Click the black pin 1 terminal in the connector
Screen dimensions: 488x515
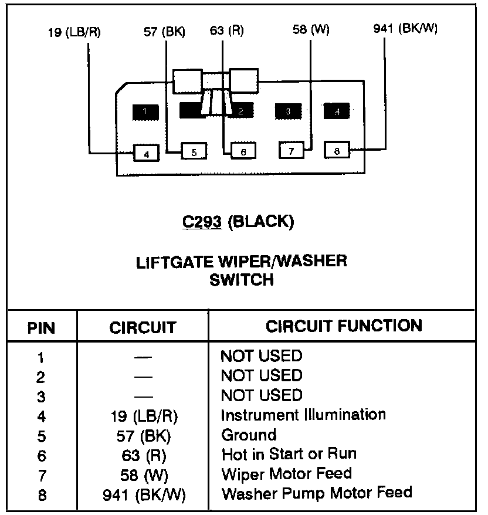click(145, 113)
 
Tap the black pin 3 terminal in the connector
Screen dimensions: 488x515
click(288, 111)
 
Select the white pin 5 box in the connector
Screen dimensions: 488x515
click(194, 151)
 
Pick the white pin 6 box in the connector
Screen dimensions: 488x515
click(243, 151)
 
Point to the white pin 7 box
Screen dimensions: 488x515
click(292, 150)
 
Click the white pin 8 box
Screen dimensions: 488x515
click(337, 150)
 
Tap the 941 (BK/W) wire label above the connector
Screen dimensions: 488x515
click(405, 29)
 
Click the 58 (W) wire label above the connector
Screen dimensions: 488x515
click(311, 29)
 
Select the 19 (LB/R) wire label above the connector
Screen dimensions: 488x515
click(74, 32)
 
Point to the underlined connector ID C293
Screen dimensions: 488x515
click(202, 222)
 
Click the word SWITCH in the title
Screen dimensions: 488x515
click(242, 280)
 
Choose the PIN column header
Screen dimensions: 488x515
click(41, 328)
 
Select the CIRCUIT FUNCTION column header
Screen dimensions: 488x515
click(344, 326)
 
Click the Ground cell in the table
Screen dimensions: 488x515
click(249, 435)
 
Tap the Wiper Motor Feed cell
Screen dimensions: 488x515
click(287, 473)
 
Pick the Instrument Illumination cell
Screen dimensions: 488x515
click(303, 415)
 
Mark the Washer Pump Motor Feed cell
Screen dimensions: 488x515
click(317, 493)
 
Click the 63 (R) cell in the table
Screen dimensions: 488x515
click(144, 456)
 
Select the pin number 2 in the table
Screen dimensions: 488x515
click(40, 377)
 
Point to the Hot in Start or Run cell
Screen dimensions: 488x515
click(289, 454)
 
